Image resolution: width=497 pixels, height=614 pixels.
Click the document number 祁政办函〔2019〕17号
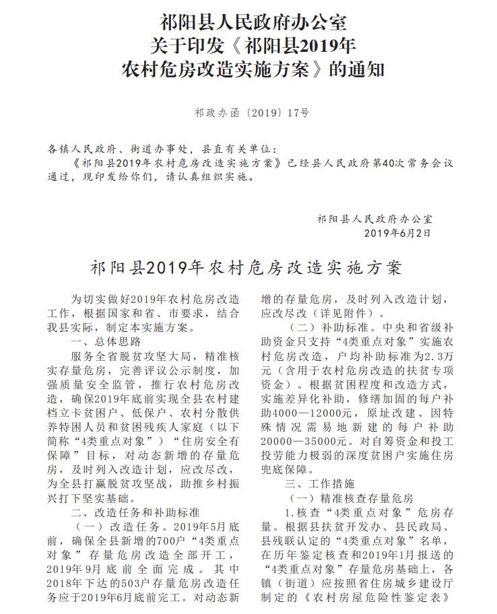(248, 114)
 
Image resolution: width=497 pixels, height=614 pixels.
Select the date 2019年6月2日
(397, 233)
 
